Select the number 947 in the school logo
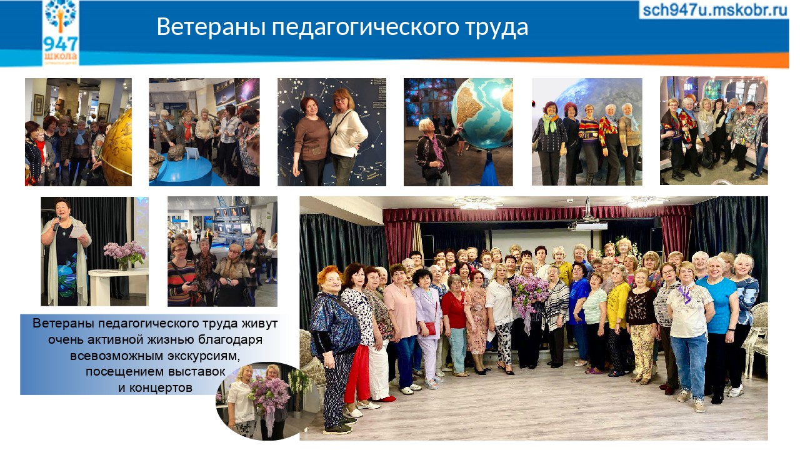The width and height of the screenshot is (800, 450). [x=61, y=44]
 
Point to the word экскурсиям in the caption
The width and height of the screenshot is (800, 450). [x=204, y=356]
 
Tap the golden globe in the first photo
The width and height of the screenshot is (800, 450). [x=118, y=147]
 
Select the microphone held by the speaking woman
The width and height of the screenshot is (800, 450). [x=57, y=223]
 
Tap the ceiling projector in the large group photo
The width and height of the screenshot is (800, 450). [x=588, y=225]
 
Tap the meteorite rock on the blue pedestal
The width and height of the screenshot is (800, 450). [x=176, y=152]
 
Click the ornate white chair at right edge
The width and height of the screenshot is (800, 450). [x=756, y=339]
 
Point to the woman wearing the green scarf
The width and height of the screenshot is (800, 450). [x=550, y=144]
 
